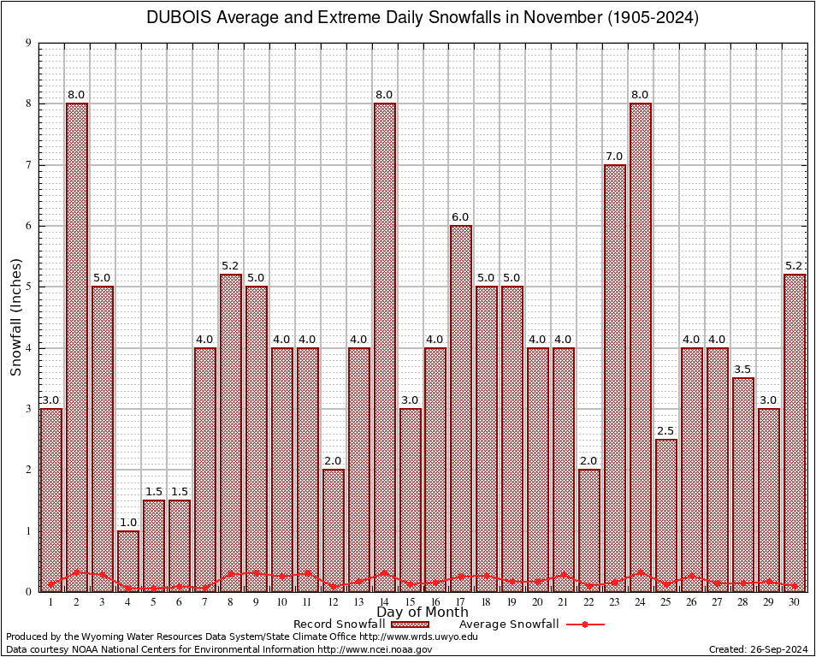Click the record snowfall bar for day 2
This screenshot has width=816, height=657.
tap(77, 342)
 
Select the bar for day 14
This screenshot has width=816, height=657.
tap(384, 342)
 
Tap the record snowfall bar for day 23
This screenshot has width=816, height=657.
tap(615, 376)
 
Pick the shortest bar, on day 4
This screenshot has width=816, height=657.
tap(128, 560)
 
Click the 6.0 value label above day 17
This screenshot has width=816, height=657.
tap(461, 216)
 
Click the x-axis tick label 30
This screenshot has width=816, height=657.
tap(795, 602)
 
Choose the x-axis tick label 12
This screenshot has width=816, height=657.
tap(334, 602)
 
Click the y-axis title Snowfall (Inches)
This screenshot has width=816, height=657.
tap(16, 317)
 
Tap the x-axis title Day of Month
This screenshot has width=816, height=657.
tap(422, 613)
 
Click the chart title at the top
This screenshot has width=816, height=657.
tap(422, 18)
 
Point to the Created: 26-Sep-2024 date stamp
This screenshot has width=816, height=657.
tap(759, 650)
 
